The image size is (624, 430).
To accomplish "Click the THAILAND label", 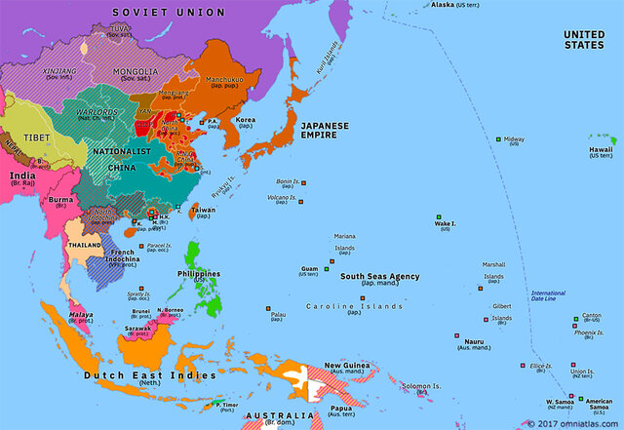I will point(83,246).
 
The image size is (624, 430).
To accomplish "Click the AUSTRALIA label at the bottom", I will point(280,416).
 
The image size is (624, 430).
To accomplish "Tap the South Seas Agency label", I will point(379,276).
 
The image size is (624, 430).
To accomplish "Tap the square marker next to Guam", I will point(329,268).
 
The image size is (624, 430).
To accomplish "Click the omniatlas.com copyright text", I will point(572,423).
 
